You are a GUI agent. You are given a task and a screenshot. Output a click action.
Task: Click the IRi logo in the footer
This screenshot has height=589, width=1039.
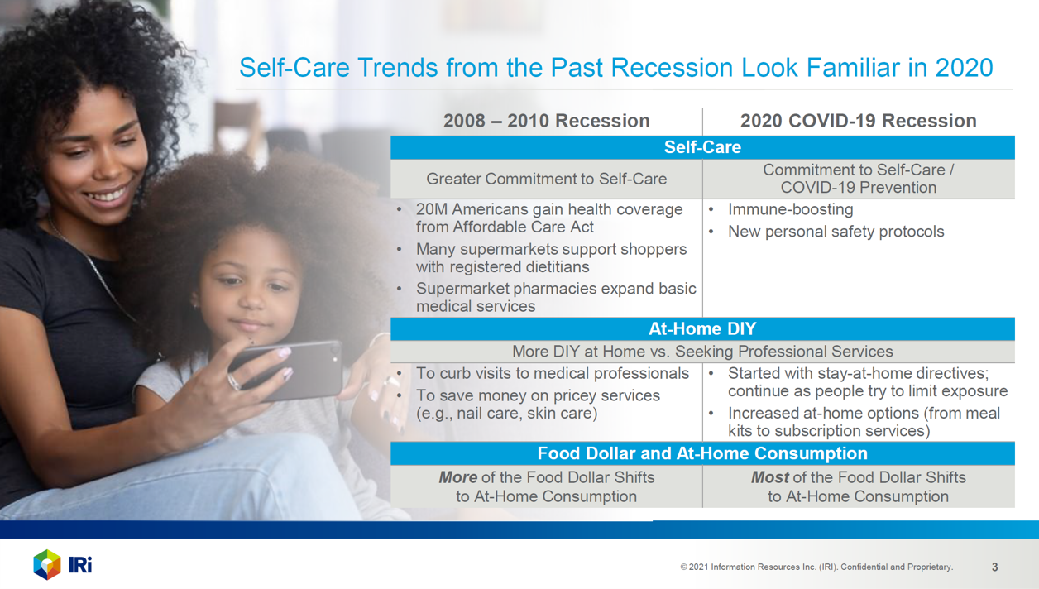(x=62, y=564)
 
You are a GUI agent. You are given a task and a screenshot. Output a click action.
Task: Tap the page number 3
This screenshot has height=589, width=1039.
(x=994, y=567)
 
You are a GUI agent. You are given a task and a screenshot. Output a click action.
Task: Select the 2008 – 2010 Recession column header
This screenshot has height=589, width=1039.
(x=546, y=121)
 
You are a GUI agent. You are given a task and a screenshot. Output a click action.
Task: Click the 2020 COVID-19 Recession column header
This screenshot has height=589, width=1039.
(x=858, y=121)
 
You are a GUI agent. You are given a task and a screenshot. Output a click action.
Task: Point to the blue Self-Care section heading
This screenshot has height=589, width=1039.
(x=702, y=147)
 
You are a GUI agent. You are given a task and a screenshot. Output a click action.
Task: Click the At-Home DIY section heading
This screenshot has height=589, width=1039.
(x=702, y=329)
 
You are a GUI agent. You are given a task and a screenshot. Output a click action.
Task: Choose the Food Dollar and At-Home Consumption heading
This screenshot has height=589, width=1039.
(x=702, y=453)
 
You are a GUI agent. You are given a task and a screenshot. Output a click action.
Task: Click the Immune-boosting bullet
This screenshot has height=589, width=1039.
(x=790, y=209)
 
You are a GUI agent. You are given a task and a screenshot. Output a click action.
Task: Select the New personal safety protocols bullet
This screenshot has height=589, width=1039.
(x=836, y=232)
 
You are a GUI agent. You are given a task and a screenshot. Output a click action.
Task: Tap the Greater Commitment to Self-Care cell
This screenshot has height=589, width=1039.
(x=546, y=179)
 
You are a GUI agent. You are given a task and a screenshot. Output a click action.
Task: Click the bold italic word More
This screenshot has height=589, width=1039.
(x=457, y=478)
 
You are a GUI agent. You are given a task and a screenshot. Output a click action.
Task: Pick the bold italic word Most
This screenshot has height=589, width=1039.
(x=769, y=478)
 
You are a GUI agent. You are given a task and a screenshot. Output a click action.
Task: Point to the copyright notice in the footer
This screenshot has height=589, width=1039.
(x=816, y=567)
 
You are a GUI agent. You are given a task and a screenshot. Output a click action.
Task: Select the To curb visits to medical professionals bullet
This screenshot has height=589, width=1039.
(x=552, y=374)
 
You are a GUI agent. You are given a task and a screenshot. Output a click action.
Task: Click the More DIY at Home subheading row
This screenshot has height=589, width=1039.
(x=702, y=352)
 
